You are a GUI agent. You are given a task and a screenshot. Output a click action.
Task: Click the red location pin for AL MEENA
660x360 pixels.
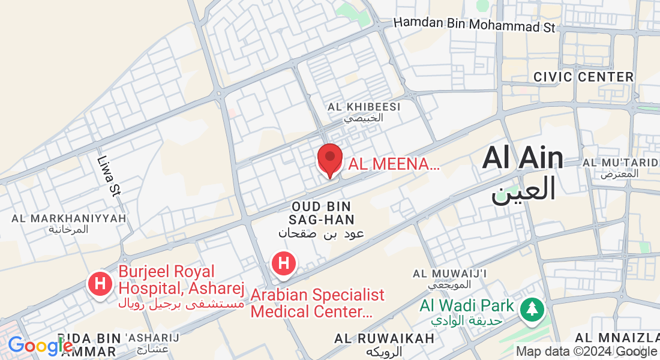(329, 159)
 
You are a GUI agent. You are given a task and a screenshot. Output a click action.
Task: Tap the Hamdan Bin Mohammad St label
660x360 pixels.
(475, 25)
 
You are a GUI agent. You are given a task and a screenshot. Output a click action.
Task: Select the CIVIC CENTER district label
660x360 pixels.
(583, 77)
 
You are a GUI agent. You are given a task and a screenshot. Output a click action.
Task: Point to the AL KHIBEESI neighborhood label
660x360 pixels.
(364, 107)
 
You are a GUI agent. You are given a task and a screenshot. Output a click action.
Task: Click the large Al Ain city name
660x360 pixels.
(523, 158)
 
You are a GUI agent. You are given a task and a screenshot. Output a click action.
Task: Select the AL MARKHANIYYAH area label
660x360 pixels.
(69, 218)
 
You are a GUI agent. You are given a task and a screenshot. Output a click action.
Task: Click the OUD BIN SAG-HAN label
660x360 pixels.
(321, 212)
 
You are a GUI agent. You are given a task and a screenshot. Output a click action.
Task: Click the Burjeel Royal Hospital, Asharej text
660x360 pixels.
(181, 281)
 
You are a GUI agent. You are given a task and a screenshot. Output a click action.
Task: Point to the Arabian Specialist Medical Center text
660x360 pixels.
(317, 303)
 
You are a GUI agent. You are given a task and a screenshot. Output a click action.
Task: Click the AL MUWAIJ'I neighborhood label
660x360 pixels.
(449, 274)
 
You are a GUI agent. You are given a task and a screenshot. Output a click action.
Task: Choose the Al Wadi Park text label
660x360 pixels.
(467, 306)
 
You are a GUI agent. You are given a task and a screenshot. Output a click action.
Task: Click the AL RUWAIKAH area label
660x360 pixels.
(385, 338)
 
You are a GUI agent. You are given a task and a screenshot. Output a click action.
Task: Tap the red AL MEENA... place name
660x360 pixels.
(394, 163)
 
